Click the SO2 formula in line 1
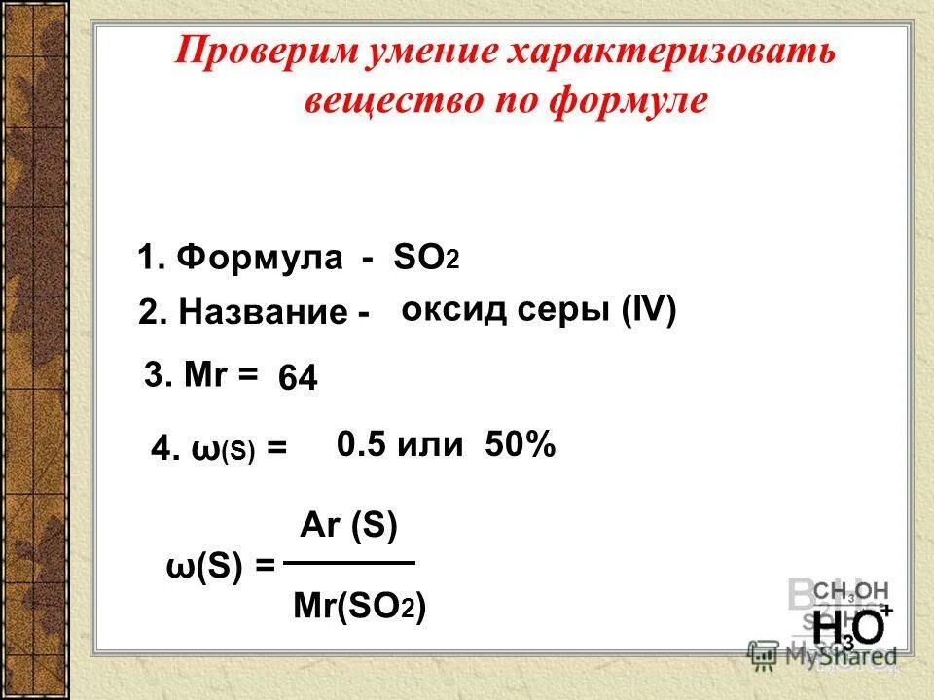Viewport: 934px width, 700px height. (x=425, y=260)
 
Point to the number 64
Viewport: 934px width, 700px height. (x=298, y=378)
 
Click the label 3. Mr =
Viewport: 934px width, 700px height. (x=201, y=374)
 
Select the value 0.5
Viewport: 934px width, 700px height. (x=360, y=445)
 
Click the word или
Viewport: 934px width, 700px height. (x=427, y=445)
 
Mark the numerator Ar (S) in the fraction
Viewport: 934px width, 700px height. (x=348, y=526)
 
